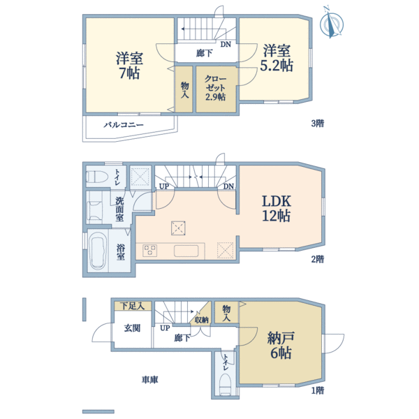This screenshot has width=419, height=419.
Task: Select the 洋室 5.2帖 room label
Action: (x=277, y=58)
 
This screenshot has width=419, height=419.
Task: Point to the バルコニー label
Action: (x=124, y=124)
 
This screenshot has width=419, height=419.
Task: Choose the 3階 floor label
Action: (x=318, y=124)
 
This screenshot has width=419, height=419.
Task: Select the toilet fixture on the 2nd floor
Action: (x=96, y=175)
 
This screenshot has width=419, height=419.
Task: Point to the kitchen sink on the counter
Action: (x=187, y=250)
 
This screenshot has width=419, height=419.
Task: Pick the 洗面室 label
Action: (x=119, y=209)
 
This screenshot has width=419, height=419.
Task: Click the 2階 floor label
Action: (x=318, y=258)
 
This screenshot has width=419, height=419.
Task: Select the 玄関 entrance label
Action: (x=133, y=328)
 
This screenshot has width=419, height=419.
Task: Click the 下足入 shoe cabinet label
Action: (x=131, y=306)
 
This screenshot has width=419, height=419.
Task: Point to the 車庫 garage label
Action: (x=149, y=380)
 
